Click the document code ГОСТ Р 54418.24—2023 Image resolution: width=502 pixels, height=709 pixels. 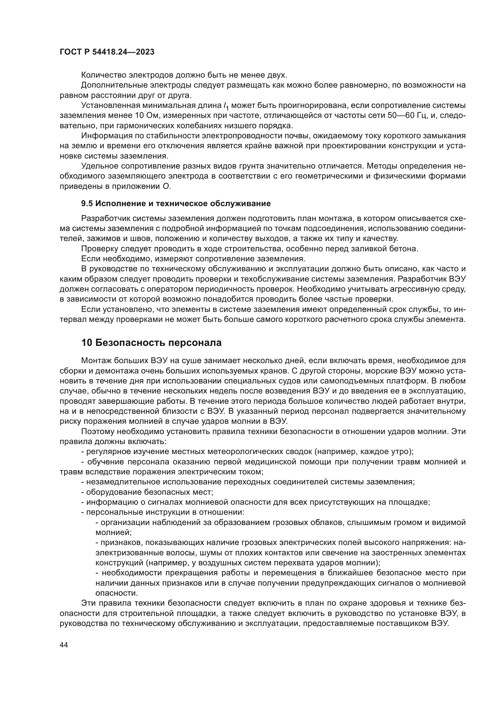tap(107, 52)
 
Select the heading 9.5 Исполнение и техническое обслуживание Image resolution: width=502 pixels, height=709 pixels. tap(175, 203)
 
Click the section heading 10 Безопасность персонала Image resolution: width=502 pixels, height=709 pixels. tap(151, 343)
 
